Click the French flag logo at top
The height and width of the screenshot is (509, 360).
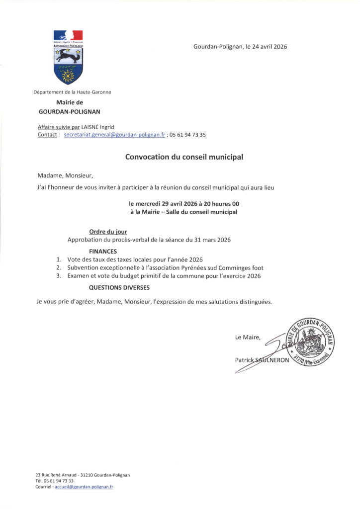coord(68,36)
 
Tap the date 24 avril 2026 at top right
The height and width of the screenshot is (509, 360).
coord(267,47)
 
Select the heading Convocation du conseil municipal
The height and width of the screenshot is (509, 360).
coord(184,157)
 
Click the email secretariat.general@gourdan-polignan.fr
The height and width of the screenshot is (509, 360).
coord(114,135)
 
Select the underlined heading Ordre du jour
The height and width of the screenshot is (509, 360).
coord(108,232)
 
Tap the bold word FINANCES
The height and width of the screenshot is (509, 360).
coord(103,252)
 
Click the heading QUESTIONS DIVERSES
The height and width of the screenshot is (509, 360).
coord(119,287)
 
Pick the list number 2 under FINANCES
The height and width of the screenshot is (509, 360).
coord(58,267)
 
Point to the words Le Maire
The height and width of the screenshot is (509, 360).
coord(248,338)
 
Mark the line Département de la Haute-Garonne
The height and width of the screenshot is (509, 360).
coord(72,92)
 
